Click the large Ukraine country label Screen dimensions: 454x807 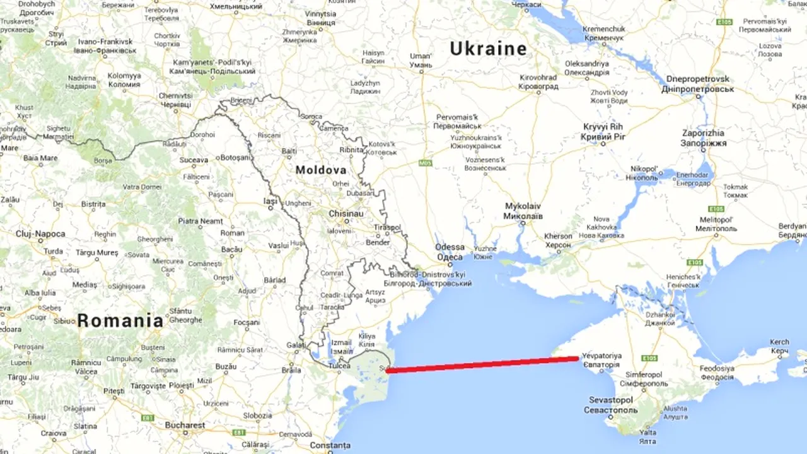click(488, 49)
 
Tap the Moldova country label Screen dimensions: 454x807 click(321, 170)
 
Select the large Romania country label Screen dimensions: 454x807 click(120, 320)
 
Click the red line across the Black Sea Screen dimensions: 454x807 click(482, 364)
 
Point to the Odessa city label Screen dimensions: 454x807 click(450, 252)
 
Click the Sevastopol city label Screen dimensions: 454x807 click(611, 404)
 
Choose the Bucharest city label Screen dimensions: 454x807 click(185, 425)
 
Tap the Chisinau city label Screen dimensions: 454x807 click(345, 214)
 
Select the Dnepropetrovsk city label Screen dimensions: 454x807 click(699, 84)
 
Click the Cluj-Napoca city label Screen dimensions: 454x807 click(40, 234)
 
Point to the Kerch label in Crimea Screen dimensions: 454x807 click(779, 346)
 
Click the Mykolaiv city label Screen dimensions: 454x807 click(523, 211)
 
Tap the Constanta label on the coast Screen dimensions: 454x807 click(330, 445)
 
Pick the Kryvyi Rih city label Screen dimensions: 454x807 click(602, 131)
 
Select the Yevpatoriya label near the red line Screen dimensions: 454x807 click(601, 359)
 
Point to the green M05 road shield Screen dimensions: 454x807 click(426, 163)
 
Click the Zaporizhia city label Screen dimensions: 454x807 click(703, 137)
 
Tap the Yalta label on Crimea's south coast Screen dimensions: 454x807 click(647, 437)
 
